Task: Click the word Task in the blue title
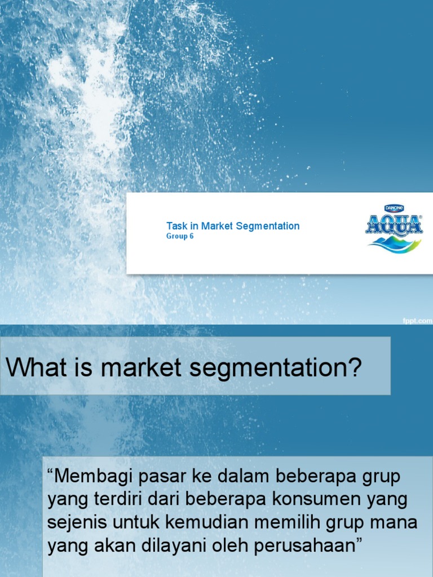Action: coord(176,226)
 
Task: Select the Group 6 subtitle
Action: coord(180,237)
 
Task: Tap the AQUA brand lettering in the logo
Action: coord(394,225)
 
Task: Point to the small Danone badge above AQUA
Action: coord(393,208)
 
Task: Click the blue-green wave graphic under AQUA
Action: coord(394,243)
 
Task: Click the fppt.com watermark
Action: coord(417,320)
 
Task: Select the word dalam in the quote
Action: coord(246,476)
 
